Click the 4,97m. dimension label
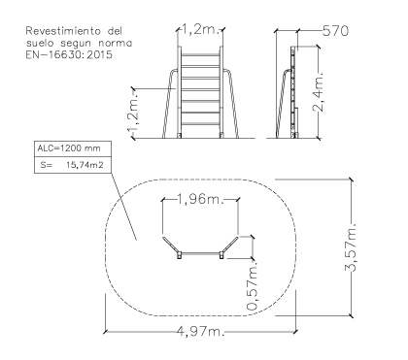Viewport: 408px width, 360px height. pyautogui.click(x=200, y=331)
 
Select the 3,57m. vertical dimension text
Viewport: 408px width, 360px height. pyautogui.click(x=351, y=247)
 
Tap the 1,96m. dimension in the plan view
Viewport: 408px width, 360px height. pyautogui.click(x=200, y=199)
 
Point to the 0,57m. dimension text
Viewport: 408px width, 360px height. pyautogui.click(x=253, y=285)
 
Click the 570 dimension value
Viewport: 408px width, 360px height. pyautogui.click(x=336, y=31)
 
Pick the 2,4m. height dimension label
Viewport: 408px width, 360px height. pyautogui.click(x=319, y=91)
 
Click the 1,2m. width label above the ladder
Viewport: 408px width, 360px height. pyautogui.click(x=201, y=29)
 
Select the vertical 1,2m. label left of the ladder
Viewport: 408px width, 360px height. pyautogui.click(x=134, y=114)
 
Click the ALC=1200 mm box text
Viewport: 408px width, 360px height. pyautogui.click(x=69, y=148)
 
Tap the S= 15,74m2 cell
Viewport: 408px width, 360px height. pyautogui.click(x=72, y=165)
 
